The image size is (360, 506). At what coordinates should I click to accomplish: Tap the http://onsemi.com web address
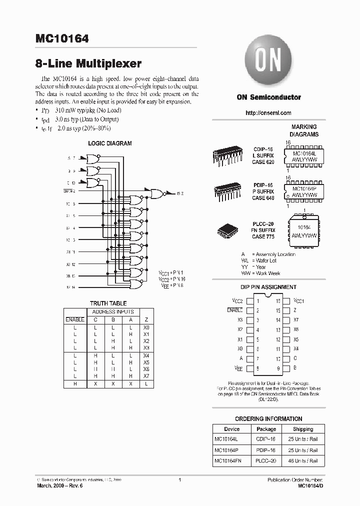[x=268, y=113]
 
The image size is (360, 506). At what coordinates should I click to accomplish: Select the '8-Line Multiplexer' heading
[x=88, y=63]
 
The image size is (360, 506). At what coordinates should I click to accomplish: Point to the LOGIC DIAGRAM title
[x=109, y=143]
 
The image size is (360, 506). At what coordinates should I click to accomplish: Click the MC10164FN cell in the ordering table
[x=228, y=460]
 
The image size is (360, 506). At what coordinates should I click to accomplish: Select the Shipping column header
[x=303, y=429]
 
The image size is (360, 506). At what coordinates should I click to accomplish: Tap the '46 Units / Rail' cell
[x=303, y=460]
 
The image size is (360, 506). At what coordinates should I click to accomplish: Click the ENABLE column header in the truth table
[x=75, y=319]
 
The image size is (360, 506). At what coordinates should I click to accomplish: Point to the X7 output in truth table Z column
[x=146, y=375]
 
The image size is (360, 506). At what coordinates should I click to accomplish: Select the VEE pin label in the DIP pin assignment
[x=237, y=368]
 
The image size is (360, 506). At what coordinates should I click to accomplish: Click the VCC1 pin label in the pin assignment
[x=299, y=301]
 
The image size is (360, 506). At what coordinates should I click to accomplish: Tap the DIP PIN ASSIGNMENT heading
[x=268, y=287]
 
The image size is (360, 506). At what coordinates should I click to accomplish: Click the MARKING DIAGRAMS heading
[x=304, y=131]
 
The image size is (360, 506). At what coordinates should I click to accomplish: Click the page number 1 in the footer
[x=179, y=480]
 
